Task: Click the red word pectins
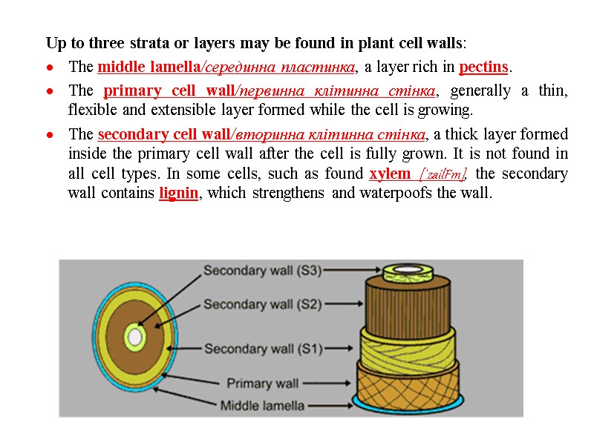pyautogui.click(x=484, y=67)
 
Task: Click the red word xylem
pyautogui.click(x=390, y=174)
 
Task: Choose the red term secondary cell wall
pyautogui.click(x=164, y=135)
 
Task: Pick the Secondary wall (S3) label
pyautogui.click(x=262, y=271)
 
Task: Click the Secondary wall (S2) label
pyautogui.click(x=262, y=304)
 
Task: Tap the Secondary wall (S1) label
pyautogui.click(x=262, y=349)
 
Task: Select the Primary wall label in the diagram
pyautogui.click(x=262, y=383)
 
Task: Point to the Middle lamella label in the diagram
pyautogui.click(x=262, y=406)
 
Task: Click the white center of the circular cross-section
pyautogui.click(x=134, y=338)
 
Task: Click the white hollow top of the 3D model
pyautogui.click(x=408, y=268)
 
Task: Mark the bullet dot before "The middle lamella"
pyautogui.click(x=49, y=68)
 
